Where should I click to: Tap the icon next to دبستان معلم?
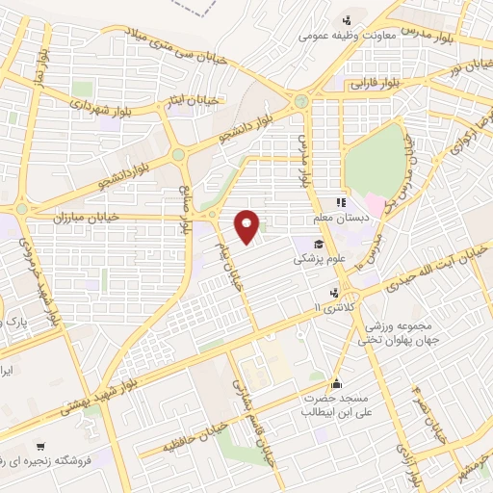pos(339,203)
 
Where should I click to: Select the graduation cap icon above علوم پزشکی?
pos(318,243)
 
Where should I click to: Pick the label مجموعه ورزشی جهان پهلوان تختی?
pos(384,332)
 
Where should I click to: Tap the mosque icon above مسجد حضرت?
pos(335,381)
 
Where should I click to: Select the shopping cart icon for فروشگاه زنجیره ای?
pos(39,446)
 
